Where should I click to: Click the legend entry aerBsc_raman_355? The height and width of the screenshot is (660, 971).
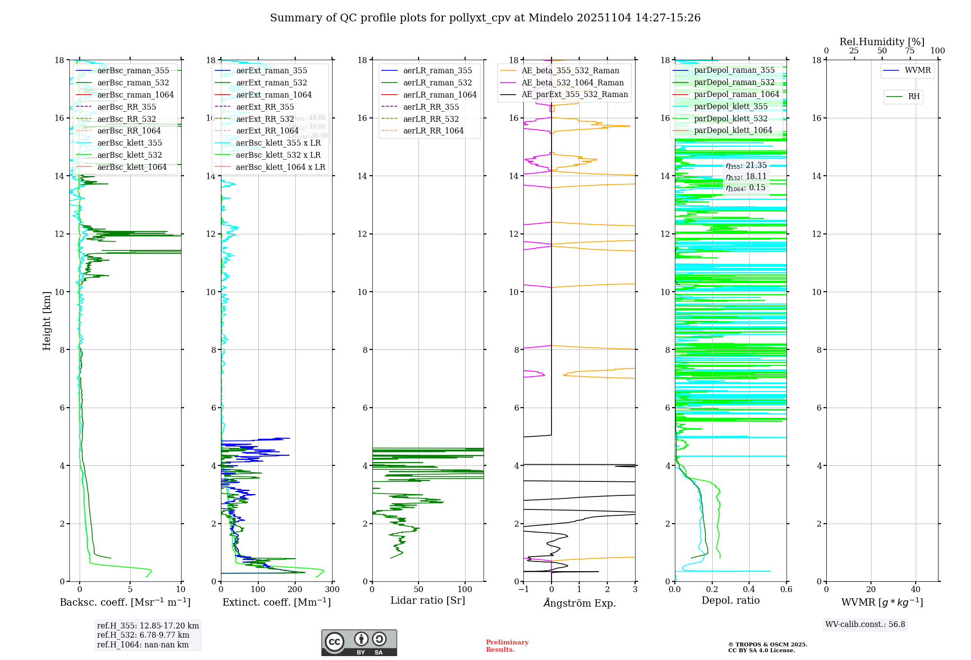[x=133, y=71]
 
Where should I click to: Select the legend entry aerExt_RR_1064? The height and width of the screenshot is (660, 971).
[x=267, y=131]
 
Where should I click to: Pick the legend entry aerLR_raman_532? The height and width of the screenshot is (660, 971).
[x=437, y=83]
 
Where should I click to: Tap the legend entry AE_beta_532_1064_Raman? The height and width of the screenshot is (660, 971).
[x=572, y=83]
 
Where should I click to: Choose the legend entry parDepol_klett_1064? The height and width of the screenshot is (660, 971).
[x=733, y=131]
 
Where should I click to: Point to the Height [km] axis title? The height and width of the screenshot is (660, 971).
[x=47, y=320]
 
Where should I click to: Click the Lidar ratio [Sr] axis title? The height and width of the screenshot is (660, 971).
[x=427, y=601]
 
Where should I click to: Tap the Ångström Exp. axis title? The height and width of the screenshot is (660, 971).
[x=579, y=603]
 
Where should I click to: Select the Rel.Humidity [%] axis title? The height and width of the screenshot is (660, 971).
[x=882, y=42]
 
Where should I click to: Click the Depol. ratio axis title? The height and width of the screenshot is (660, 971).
[x=730, y=601]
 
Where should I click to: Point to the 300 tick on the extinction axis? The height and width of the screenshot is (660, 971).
[x=332, y=590]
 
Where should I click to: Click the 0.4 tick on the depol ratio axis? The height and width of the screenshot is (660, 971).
[x=749, y=590]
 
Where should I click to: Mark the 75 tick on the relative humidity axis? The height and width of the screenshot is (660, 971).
[x=909, y=51]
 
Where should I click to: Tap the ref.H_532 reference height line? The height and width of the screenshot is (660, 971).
[x=143, y=635]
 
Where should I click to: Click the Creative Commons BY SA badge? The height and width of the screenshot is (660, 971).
[x=359, y=643]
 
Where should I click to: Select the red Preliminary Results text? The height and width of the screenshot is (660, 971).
[x=507, y=646]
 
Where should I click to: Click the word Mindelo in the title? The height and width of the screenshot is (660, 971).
[x=551, y=18]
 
